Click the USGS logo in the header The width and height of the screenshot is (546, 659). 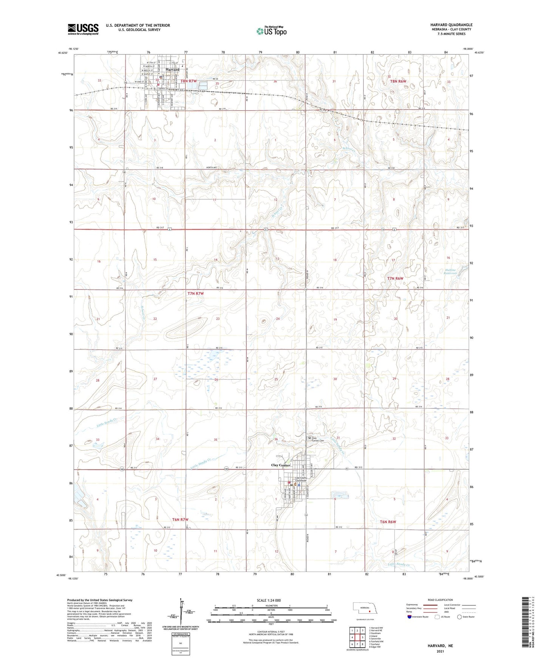point(83,29)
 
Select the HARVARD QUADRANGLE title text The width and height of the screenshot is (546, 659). point(451,25)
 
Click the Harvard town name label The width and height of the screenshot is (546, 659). point(172,70)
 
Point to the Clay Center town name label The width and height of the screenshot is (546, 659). point(281,465)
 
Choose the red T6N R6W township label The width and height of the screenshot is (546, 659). point(388,522)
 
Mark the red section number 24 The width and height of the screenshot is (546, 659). point(278,319)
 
